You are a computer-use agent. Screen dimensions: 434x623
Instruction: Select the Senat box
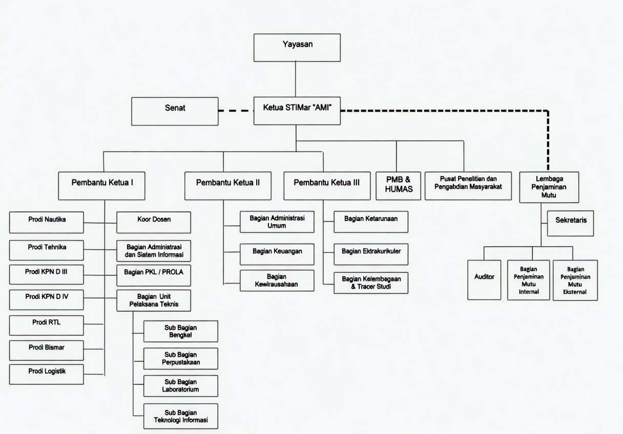coord(175,111)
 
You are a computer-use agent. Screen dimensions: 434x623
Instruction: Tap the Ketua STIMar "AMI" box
coord(297,110)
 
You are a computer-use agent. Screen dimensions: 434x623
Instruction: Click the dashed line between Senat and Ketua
coord(236,110)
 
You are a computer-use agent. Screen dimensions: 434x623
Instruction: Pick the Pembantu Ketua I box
coord(102,185)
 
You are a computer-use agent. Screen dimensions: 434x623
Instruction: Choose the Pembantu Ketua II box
coord(228,185)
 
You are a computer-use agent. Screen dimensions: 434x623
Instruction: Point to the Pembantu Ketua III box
coord(327,185)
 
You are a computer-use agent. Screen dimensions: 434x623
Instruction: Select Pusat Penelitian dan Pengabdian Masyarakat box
coord(468,185)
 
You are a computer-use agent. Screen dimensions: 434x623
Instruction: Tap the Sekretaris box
coord(571,223)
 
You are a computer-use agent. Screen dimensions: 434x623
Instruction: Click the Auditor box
coord(484,279)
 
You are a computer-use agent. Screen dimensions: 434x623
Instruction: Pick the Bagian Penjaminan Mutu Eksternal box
coord(575,280)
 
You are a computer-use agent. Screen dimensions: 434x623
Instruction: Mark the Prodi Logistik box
coord(47,374)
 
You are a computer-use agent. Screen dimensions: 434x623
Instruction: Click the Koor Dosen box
coord(154,222)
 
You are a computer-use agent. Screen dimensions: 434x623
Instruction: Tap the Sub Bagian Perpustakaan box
coord(180,358)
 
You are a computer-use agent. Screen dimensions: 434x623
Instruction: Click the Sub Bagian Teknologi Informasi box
coord(180,416)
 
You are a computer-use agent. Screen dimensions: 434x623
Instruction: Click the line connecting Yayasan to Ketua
coord(296,79)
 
